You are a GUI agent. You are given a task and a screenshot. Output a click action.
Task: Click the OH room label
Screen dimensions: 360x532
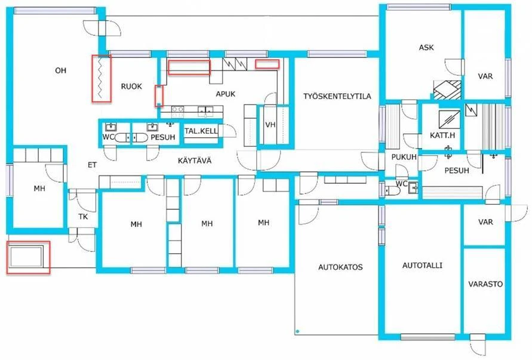[60, 70]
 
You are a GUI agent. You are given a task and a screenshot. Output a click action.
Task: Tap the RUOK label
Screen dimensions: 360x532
[131, 87]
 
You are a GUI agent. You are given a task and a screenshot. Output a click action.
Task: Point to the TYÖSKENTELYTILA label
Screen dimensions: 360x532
[337, 96]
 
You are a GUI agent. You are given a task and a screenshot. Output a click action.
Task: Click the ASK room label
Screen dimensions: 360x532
[425, 48]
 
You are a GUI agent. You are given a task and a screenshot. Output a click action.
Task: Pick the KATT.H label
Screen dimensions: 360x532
[442, 136]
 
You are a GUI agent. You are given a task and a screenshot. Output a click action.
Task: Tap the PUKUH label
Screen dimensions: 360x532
[403, 156]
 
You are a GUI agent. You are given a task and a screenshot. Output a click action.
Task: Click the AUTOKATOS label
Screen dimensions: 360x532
[340, 267]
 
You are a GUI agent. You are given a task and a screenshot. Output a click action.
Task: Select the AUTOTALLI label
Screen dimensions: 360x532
[422, 265]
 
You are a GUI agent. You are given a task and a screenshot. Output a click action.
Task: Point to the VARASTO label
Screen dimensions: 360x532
[484, 284]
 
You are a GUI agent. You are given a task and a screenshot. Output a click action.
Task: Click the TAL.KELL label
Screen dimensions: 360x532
[201, 131]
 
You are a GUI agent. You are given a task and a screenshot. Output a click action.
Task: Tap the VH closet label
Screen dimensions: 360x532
[270, 124]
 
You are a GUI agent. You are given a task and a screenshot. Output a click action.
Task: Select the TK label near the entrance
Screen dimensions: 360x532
[83, 217]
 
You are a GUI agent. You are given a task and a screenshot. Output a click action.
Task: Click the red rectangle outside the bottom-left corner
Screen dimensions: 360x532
[27, 257]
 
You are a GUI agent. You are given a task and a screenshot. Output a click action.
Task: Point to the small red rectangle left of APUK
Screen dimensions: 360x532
[159, 96]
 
